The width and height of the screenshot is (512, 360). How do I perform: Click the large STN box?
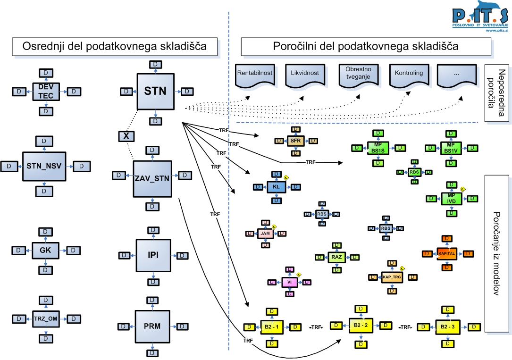[156, 91]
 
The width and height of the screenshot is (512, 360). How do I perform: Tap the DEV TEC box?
[45, 91]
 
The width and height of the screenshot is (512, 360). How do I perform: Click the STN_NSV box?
[44, 166]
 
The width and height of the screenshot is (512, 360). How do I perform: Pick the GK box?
[45, 250]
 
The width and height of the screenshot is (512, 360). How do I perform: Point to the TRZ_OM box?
[46, 319]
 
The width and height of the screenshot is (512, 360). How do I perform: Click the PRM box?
[152, 326]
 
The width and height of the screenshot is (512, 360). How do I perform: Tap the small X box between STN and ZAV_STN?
[126, 136]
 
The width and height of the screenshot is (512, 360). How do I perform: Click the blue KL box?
[277, 187]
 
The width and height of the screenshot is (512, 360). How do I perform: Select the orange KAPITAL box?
[446, 253]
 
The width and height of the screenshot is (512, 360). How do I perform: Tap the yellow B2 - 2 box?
[361, 326]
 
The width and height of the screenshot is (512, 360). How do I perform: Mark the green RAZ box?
[336, 257]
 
